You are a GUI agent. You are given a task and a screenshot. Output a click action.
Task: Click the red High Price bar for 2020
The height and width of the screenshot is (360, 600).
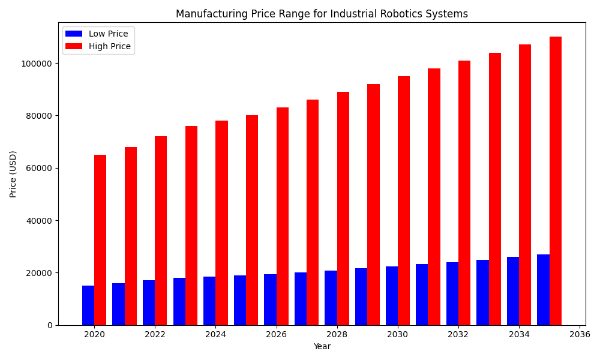100,240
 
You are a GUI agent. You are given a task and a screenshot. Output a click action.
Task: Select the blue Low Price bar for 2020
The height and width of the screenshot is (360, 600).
88,305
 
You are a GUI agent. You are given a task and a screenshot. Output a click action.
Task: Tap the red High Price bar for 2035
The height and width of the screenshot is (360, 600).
556,181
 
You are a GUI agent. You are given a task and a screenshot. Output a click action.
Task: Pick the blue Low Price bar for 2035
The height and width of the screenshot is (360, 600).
543,290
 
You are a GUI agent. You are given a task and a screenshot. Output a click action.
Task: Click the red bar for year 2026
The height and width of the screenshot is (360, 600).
283,216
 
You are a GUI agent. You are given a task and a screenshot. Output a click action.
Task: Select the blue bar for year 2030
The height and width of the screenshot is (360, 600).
392,296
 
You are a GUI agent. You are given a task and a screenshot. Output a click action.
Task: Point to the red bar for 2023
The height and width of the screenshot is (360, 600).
191,226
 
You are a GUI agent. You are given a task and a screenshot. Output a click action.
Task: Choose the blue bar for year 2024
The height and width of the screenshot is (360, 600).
209,301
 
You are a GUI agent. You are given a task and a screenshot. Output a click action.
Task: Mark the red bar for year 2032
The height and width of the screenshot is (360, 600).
464,193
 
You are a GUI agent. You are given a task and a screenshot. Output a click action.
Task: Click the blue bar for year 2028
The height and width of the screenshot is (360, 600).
331,298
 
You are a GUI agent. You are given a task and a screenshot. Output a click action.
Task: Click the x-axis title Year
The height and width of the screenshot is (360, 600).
322,347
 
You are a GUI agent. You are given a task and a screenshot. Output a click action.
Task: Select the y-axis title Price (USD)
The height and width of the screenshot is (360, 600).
13,174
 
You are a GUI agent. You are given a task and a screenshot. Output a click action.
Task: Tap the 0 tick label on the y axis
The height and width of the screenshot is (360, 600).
51,325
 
